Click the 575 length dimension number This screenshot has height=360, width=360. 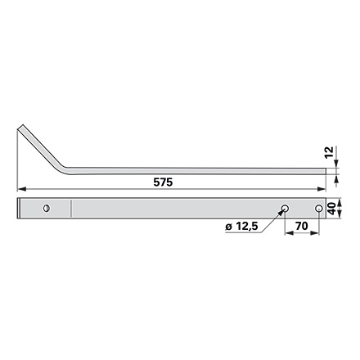pyautogui.click(x=163, y=182)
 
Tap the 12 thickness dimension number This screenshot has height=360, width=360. pyautogui.click(x=329, y=151)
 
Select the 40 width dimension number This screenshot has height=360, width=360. pyautogui.click(x=331, y=209)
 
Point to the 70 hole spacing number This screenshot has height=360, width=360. pyautogui.click(x=302, y=226)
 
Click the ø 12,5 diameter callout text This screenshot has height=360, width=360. pyautogui.click(x=241, y=227)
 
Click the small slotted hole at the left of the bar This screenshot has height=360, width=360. pyautogui.click(x=47, y=209)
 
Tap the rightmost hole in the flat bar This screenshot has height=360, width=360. pyautogui.click(x=318, y=209)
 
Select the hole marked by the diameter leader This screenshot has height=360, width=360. pyautogui.click(x=285, y=209)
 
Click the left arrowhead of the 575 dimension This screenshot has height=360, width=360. pyautogui.click(x=21, y=189)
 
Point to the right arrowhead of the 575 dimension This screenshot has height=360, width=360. pyautogui.click(x=322, y=189)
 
